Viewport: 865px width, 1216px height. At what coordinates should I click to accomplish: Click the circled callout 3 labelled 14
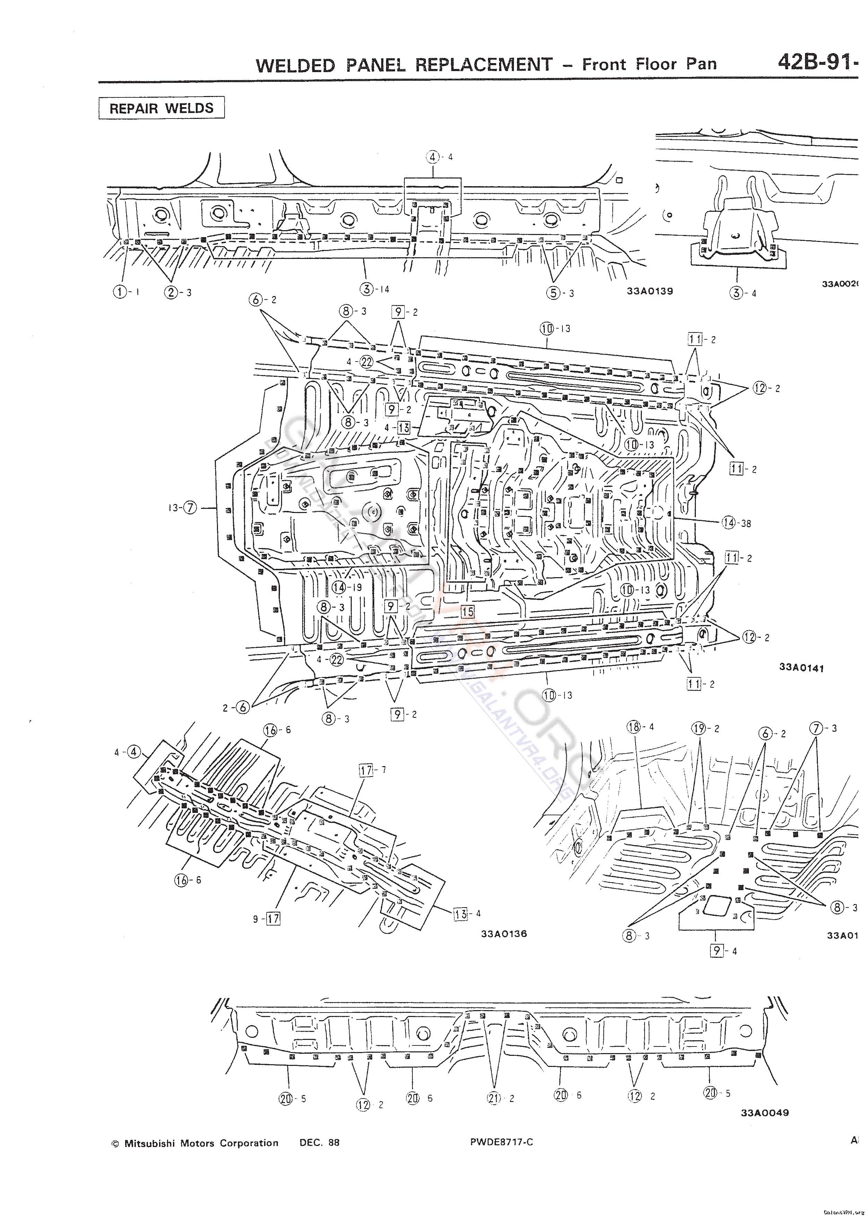pyautogui.click(x=367, y=289)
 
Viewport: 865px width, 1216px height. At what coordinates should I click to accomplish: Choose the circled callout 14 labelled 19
pyautogui.click(x=339, y=587)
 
